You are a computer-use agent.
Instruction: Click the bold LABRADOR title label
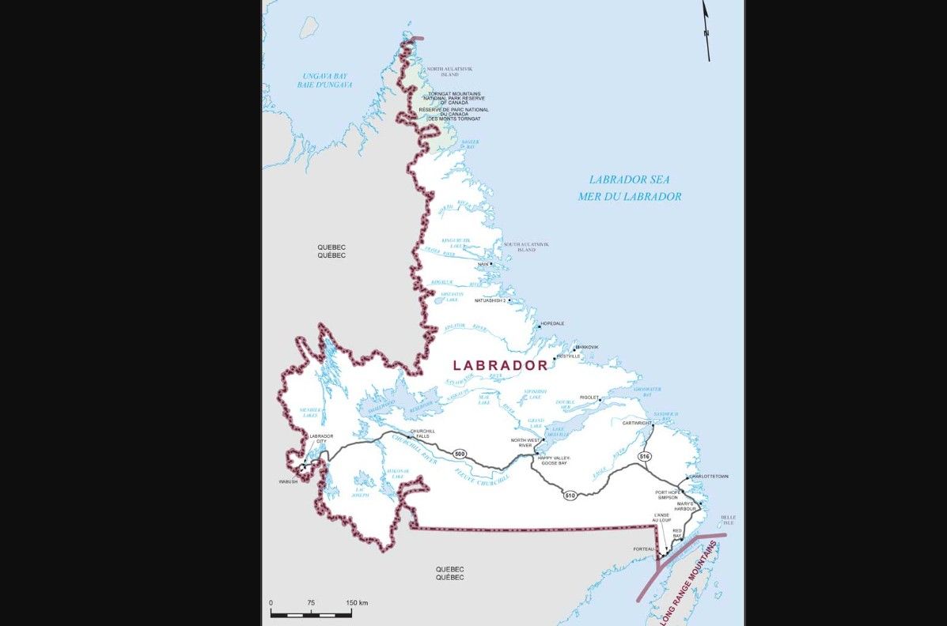(499, 365)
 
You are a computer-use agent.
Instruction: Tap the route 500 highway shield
(460, 454)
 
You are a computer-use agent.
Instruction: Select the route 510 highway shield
(570, 496)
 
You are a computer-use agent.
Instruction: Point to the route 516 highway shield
(645, 457)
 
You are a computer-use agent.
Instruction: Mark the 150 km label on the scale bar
(358, 603)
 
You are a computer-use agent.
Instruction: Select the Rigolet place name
(589, 398)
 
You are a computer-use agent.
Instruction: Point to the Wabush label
(288, 481)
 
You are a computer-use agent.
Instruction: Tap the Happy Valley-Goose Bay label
(554, 461)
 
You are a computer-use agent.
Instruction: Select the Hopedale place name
(552, 324)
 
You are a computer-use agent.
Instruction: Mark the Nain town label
(483, 264)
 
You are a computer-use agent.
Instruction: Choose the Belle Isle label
(728, 521)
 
